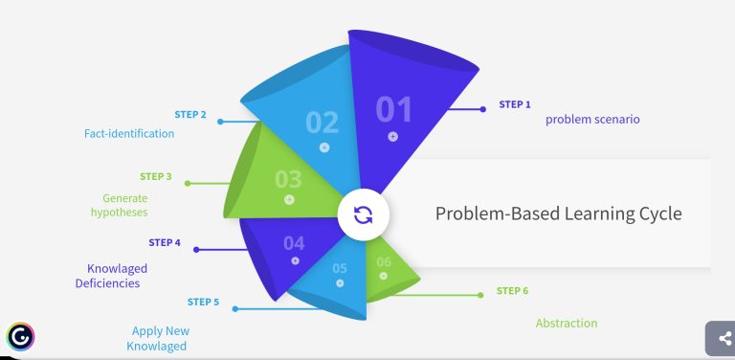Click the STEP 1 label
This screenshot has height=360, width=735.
(x=515, y=104)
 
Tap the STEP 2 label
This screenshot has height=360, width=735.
(x=190, y=115)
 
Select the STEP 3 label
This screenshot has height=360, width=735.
(x=156, y=176)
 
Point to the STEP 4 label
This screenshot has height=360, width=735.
(x=165, y=242)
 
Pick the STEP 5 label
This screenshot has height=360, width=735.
(x=203, y=302)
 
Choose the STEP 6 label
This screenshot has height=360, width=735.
(x=512, y=290)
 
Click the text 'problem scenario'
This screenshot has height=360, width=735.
(x=592, y=120)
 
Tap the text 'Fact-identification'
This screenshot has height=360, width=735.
(x=129, y=134)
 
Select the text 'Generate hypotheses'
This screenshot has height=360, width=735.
(x=119, y=205)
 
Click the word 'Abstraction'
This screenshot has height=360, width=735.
(x=567, y=323)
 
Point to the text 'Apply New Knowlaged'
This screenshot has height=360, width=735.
(x=159, y=338)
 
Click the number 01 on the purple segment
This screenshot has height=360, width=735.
(x=393, y=110)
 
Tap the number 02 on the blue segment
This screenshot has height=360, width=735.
(x=323, y=123)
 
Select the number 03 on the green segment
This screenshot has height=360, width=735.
(x=288, y=179)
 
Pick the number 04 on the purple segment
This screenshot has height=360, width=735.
(x=294, y=243)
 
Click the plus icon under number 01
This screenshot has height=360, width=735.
(x=392, y=137)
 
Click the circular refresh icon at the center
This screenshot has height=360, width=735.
(x=363, y=214)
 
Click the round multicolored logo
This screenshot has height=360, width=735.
(x=19, y=336)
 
